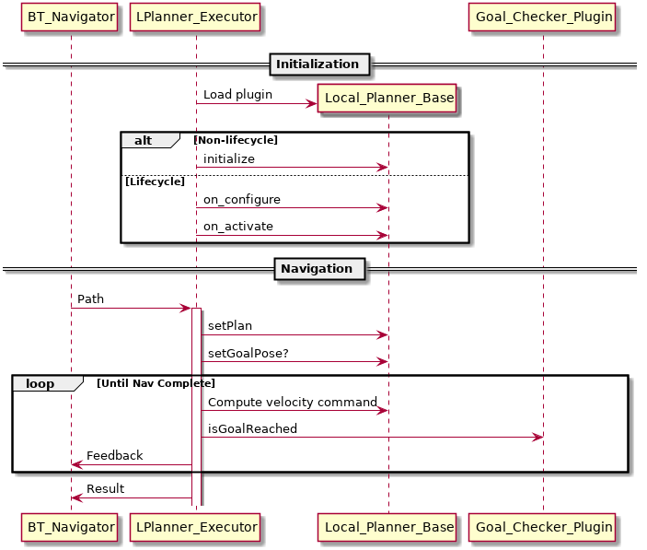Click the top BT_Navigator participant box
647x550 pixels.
pos(71,17)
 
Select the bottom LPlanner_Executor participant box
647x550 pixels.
pos(195,527)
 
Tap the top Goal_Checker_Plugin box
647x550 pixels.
pos(542,17)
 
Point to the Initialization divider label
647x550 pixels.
pos(318,64)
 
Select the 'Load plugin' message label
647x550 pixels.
pos(232,94)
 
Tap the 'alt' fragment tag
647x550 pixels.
pos(144,140)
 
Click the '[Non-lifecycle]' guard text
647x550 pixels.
pos(236,140)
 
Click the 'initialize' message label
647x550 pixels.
pos(229,159)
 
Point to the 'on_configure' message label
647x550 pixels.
pos(242,200)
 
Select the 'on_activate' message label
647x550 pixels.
pos(238,227)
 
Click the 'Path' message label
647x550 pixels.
pos(90,299)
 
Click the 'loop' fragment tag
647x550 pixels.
pos(40,383)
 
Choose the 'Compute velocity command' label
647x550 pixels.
pos(293,403)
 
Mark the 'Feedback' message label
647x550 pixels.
pos(115,456)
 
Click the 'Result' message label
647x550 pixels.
pos(106,489)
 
